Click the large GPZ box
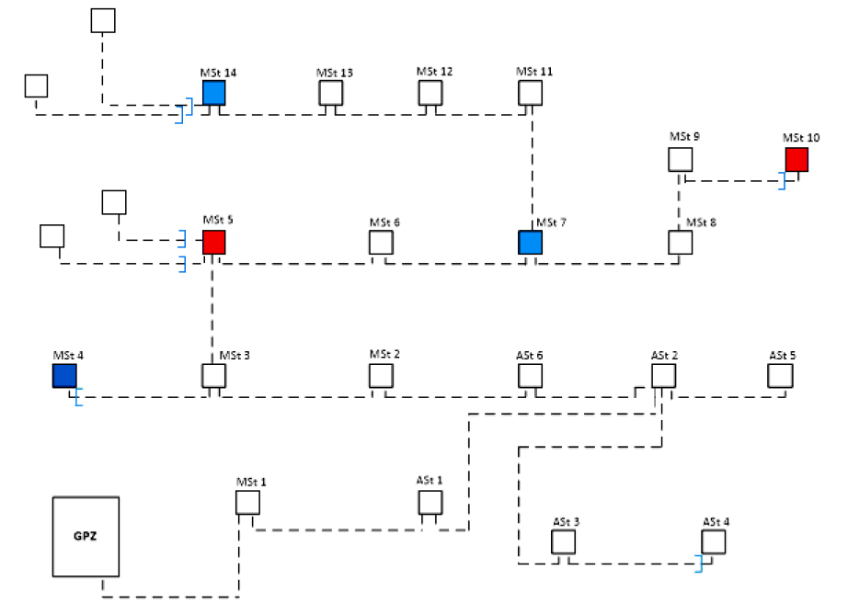tap(86, 537)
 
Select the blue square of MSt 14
tap(213, 93)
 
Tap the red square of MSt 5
tap(213, 242)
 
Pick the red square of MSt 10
tap(796, 159)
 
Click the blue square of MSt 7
tap(530, 242)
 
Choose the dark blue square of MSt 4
tap(64, 376)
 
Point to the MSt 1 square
tap(247, 503)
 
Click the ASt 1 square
tap(430, 503)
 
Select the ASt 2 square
tap(664, 376)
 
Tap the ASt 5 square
tap(781, 376)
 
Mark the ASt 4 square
tap(714, 542)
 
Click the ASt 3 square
tap(563, 542)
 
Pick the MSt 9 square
tap(680, 159)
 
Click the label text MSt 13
tap(335, 73)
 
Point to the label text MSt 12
tap(434, 72)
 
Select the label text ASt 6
tap(531, 355)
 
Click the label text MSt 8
tap(698, 222)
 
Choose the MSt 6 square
tap(381, 243)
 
